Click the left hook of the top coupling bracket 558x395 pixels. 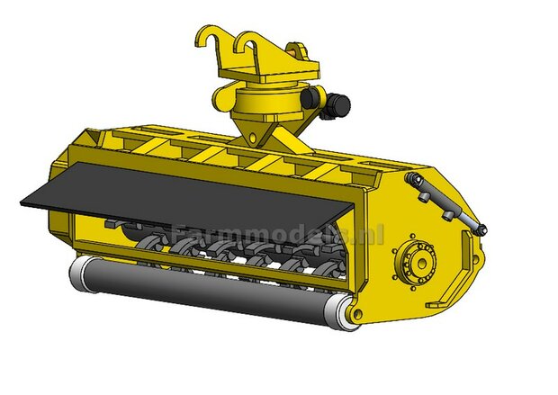pos(209,40)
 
